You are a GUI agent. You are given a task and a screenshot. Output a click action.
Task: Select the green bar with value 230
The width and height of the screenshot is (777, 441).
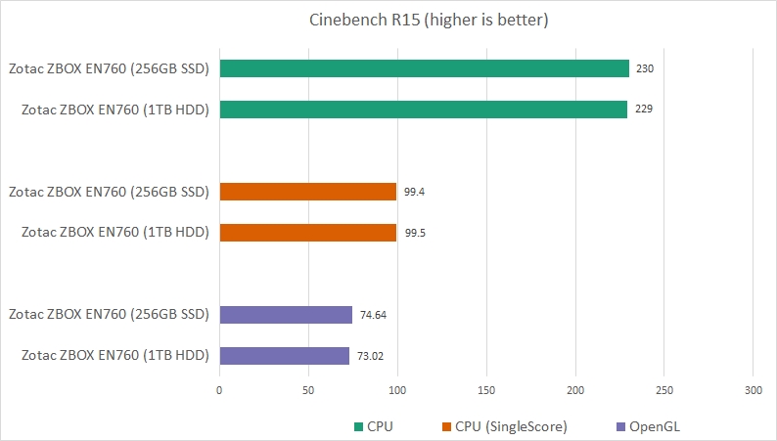pyautogui.click(x=424, y=68)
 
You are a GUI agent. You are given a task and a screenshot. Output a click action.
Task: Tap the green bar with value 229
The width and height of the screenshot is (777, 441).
pyautogui.click(x=423, y=110)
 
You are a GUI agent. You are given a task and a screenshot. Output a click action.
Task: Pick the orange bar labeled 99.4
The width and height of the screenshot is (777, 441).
pyautogui.click(x=307, y=192)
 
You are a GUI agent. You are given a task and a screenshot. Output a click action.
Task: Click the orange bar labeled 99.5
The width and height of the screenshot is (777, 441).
pyautogui.click(x=307, y=233)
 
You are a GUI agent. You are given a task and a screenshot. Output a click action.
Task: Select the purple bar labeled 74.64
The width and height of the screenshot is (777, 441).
pyautogui.click(x=286, y=315)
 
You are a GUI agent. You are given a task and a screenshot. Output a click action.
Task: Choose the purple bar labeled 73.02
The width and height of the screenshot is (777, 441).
pyautogui.click(x=284, y=356)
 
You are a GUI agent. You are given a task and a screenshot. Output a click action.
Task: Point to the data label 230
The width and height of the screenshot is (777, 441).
pyautogui.click(x=644, y=69)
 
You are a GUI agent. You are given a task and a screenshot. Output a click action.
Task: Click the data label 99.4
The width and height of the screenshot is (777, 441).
pyautogui.click(x=414, y=193)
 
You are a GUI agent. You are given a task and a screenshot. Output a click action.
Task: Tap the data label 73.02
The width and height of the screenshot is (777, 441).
pyautogui.click(x=370, y=356)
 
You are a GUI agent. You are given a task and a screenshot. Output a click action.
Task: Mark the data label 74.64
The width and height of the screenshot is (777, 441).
pyautogui.click(x=373, y=315)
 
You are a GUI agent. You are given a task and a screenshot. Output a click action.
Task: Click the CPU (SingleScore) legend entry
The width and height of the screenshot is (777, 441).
pyautogui.click(x=504, y=426)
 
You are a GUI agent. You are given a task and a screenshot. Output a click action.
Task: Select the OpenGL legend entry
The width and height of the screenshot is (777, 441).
pyautogui.click(x=652, y=426)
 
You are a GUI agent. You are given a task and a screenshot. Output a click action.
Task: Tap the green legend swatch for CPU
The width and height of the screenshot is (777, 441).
pyautogui.click(x=358, y=427)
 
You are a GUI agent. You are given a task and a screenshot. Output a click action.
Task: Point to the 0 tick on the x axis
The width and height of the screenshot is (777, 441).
pyautogui.click(x=219, y=390)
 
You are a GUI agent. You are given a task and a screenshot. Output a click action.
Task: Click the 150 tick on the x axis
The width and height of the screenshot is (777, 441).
pyautogui.click(x=486, y=390)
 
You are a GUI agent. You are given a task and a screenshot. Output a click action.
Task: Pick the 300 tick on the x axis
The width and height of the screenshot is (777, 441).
pyautogui.click(x=753, y=390)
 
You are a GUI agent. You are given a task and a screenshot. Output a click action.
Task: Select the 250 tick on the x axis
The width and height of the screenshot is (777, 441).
pyautogui.click(x=663, y=390)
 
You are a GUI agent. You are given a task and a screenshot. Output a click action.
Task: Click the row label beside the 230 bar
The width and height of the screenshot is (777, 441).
pyautogui.click(x=110, y=68)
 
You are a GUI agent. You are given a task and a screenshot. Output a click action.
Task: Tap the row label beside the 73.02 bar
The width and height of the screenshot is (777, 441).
pyautogui.click(x=115, y=356)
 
